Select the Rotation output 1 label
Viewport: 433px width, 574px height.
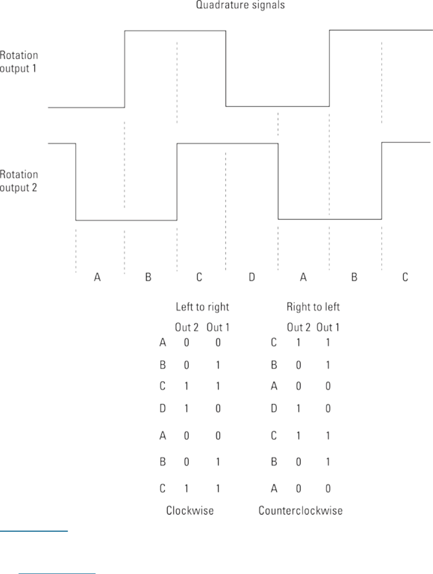(19, 62)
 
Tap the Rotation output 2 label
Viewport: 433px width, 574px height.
(19, 181)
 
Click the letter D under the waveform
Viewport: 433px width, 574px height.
(252, 277)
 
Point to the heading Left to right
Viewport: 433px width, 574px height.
(202, 307)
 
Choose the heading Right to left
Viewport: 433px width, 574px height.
(313, 307)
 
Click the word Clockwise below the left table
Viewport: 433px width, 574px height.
(190, 511)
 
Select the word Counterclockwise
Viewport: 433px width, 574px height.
(301, 511)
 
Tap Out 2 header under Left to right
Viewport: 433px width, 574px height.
(187, 327)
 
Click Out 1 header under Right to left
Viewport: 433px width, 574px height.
(328, 327)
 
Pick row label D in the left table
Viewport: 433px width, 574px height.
(162, 409)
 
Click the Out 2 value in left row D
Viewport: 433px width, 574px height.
(187, 409)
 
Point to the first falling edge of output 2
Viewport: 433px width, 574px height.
(76, 181)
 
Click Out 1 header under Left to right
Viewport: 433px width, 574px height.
(217, 327)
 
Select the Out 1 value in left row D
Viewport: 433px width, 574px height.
(217, 409)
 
